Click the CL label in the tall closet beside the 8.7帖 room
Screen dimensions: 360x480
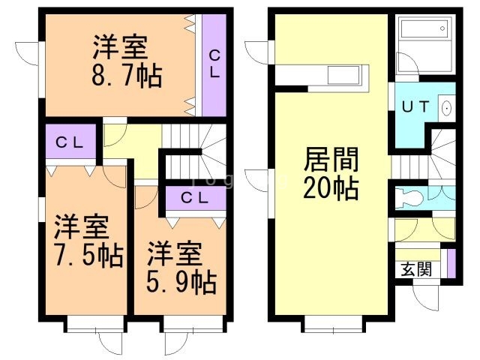pyautogui.click(x=214, y=64)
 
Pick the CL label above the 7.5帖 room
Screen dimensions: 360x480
pyautogui.click(x=70, y=142)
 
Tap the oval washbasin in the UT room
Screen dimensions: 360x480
pyautogui.click(x=447, y=107)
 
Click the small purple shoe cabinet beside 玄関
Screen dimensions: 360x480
pyautogui.click(x=450, y=264)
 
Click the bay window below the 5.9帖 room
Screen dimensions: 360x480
pyautogui.click(x=193, y=325)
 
